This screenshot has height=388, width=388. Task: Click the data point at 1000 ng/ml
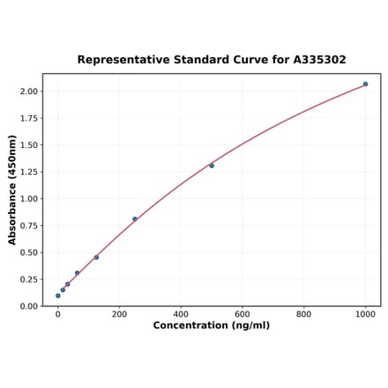point(365,84)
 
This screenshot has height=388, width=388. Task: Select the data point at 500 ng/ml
point(212,165)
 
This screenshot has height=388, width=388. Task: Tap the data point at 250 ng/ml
point(135,219)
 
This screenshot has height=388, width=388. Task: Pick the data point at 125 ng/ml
point(96,257)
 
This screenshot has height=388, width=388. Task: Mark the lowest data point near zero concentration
point(58,296)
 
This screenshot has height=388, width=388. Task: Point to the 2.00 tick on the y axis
point(28,92)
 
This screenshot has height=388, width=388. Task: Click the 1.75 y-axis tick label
point(28,118)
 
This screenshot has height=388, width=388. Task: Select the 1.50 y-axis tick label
point(28,145)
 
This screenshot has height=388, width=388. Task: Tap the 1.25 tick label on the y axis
point(28,172)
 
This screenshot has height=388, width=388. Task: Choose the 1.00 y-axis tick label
point(28,199)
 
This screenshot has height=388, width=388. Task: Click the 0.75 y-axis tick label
point(28,225)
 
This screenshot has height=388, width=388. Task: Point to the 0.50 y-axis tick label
point(28,253)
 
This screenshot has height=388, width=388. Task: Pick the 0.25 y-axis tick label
point(28,279)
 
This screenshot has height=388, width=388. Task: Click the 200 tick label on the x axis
point(119,313)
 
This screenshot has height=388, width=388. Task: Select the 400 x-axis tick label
point(181,313)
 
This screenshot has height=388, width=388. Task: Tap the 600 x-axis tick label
point(242,313)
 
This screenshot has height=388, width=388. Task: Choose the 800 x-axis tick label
point(303,313)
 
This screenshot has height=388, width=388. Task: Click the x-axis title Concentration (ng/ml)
point(212,326)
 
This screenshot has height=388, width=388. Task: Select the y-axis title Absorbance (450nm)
point(12,190)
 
